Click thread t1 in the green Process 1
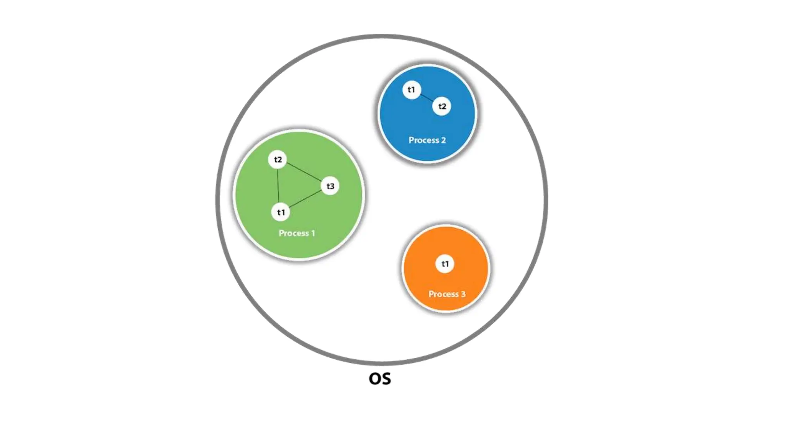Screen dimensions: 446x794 (x=281, y=212)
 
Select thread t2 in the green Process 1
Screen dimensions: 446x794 (x=278, y=160)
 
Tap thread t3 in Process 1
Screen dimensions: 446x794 (x=330, y=186)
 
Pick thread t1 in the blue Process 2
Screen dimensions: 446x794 (x=411, y=90)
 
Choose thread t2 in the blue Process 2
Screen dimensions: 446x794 (x=442, y=106)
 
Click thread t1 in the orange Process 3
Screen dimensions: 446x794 (x=445, y=264)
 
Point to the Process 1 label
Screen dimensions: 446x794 (x=297, y=233)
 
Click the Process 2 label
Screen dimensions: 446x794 (x=427, y=140)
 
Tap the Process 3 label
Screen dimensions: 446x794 (x=447, y=294)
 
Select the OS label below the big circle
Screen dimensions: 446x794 (x=380, y=379)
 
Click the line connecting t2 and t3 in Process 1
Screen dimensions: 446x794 (x=304, y=173)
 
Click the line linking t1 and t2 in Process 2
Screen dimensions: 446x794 (x=427, y=98)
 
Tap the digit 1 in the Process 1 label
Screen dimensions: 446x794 (x=313, y=233)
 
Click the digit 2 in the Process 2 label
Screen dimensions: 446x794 (x=443, y=140)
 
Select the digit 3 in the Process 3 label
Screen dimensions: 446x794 (x=463, y=294)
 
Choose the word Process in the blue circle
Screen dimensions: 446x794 (x=423, y=140)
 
